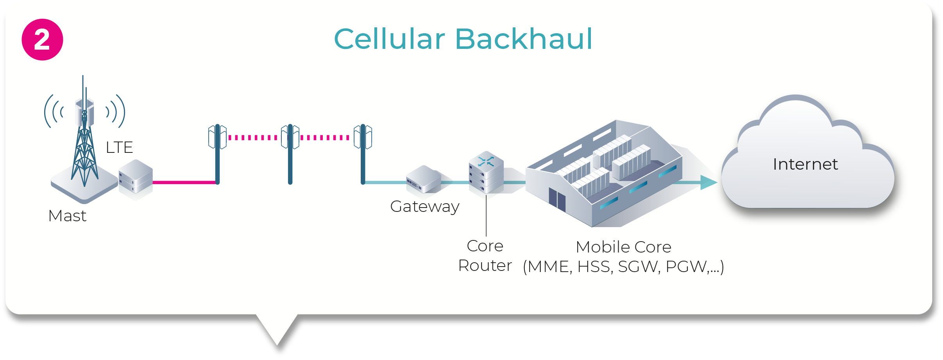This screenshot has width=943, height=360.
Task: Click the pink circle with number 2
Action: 42,39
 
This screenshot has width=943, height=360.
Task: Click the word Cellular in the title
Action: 389,39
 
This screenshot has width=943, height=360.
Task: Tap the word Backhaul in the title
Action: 524,39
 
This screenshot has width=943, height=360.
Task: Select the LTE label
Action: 119,147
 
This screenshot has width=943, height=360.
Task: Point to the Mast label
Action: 67,216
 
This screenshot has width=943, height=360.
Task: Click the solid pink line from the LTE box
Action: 184,182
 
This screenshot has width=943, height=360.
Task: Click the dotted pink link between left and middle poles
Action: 253,138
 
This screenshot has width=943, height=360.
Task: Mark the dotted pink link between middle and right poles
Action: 325,138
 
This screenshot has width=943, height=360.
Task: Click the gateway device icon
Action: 423,180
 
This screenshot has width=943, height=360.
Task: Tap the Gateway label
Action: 424,206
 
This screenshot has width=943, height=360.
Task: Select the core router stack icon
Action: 486,172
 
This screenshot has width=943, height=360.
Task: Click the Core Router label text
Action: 485,256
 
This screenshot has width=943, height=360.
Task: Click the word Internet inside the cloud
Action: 805,164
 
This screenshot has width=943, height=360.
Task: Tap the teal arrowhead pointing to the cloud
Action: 709,182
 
